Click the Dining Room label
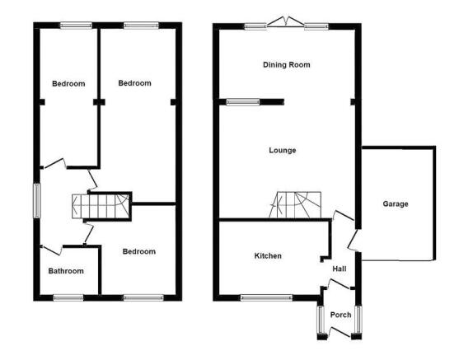(287, 65)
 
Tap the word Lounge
(283, 150)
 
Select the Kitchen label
(268, 256)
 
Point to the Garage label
(396, 204)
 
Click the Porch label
(340, 315)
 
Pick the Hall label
(340, 269)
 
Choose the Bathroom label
(66, 271)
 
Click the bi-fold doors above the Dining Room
(286, 22)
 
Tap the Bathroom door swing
(52, 250)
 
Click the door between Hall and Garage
(353, 240)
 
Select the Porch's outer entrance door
(340, 332)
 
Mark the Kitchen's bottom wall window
(266, 298)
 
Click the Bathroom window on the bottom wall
(68, 298)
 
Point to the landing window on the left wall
(36, 201)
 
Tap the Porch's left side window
(321, 320)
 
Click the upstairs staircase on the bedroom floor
(101, 206)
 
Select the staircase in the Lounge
(295, 205)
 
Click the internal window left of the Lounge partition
(243, 102)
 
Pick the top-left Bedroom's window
(76, 26)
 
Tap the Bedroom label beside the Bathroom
(139, 251)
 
